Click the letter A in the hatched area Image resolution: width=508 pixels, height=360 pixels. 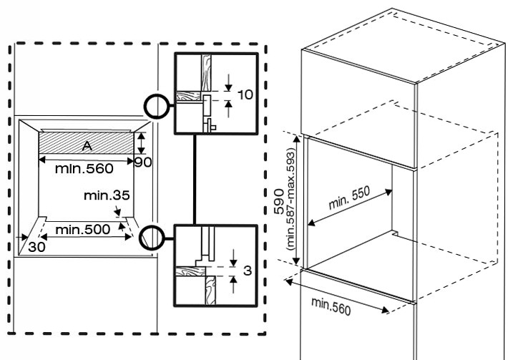click(x=87, y=146)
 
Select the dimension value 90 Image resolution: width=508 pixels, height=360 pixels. click(x=143, y=162)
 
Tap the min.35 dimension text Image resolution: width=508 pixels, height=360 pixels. click(x=107, y=195)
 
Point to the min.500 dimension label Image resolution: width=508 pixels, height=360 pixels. click(x=83, y=230)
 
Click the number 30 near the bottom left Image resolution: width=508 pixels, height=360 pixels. click(x=36, y=247)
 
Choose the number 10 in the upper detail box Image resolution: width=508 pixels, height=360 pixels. click(x=245, y=94)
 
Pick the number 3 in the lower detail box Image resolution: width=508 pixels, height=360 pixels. click(x=247, y=271)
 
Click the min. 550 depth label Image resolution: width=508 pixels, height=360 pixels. click(x=349, y=198)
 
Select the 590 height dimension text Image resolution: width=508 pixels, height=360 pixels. click(x=279, y=202)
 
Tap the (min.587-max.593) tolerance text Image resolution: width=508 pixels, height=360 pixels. click(x=291, y=199)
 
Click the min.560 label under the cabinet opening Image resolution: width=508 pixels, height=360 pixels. click(x=331, y=306)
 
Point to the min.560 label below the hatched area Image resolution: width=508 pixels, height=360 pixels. click(x=84, y=168)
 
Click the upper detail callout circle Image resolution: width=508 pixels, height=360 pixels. click(x=157, y=107)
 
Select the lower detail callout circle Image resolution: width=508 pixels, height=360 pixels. click(x=152, y=238)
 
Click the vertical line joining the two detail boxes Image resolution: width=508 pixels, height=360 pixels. click(x=195, y=179)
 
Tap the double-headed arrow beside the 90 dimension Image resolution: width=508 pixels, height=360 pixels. click(x=141, y=143)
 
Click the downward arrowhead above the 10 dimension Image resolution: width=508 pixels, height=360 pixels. click(x=229, y=87)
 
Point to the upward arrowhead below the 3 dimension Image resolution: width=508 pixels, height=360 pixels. click(x=233, y=279)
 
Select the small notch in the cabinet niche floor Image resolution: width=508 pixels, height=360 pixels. click(x=394, y=233)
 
